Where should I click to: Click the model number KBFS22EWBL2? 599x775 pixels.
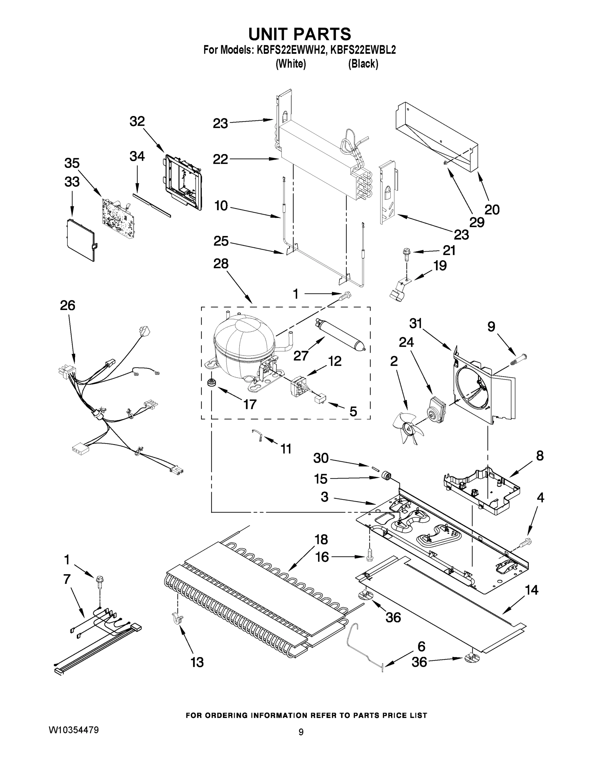[363, 50]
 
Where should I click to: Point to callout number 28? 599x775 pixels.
[221, 264]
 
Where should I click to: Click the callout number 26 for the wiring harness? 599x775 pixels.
[67, 305]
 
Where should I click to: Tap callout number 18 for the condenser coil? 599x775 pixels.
[321, 540]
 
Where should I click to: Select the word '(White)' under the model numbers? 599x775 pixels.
[291, 64]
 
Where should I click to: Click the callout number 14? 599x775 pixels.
[531, 590]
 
